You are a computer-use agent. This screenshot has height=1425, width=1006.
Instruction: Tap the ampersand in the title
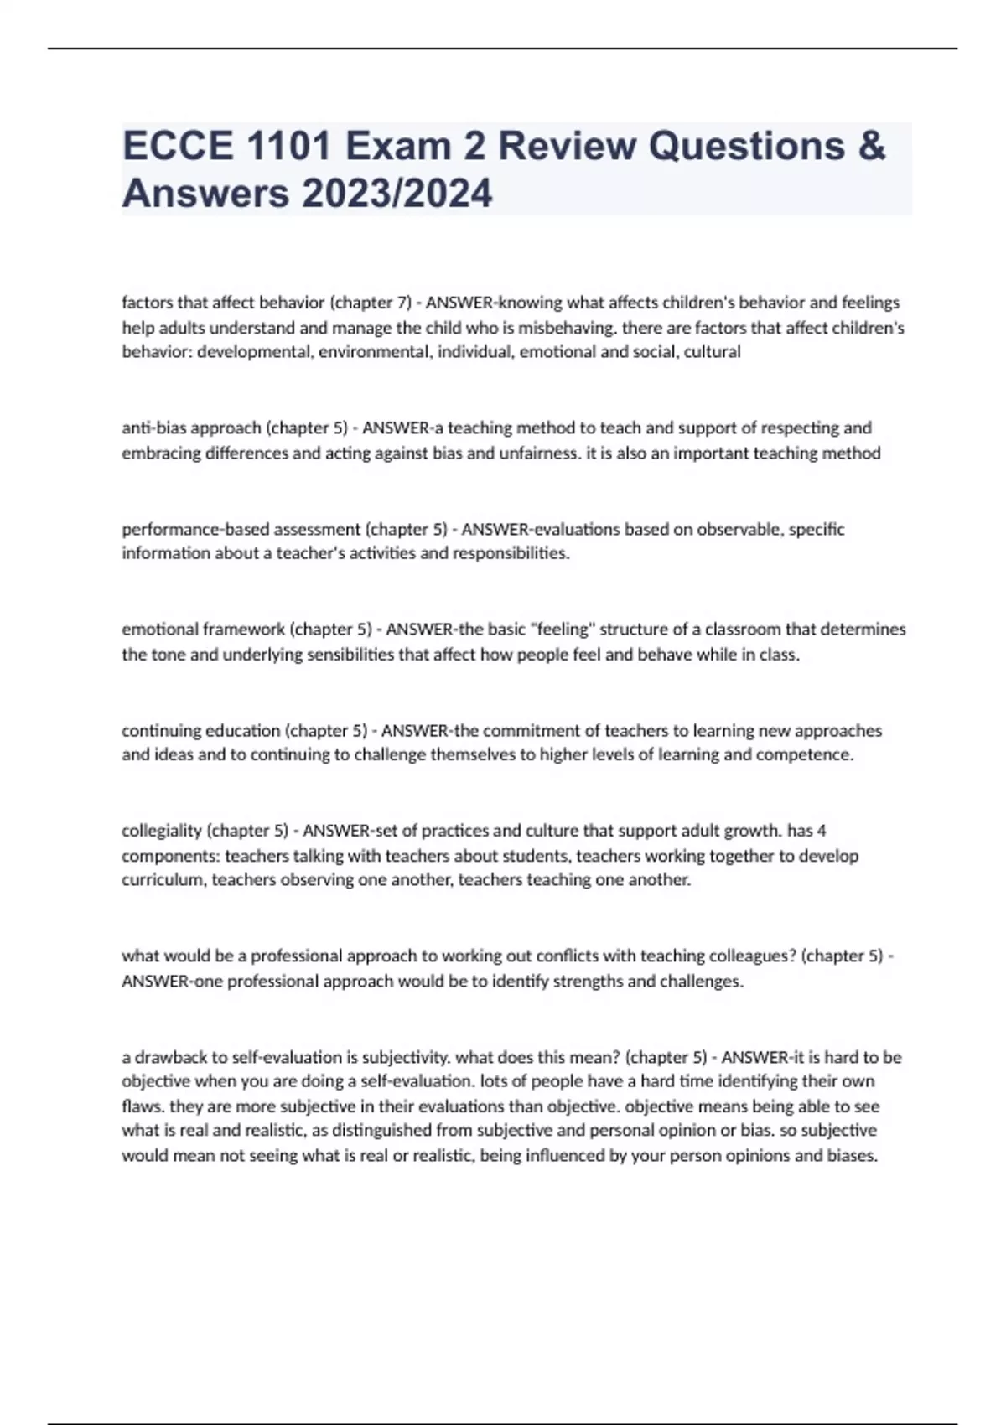pyautogui.click(x=872, y=146)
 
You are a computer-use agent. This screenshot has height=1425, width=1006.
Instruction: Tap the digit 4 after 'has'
pyautogui.click(x=822, y=831)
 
